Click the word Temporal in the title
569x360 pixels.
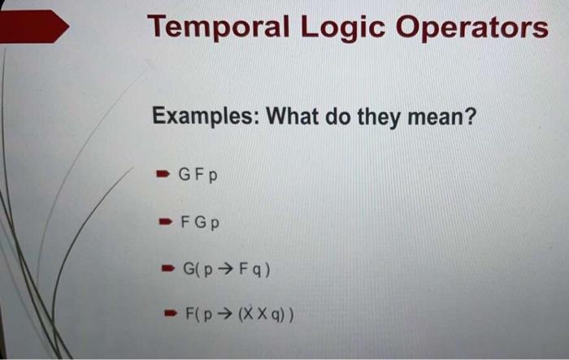click(217, 29)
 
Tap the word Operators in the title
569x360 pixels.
click(475, 31)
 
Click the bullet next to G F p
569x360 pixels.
click(163, 173)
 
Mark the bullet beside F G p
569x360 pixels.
click(164, 221)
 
